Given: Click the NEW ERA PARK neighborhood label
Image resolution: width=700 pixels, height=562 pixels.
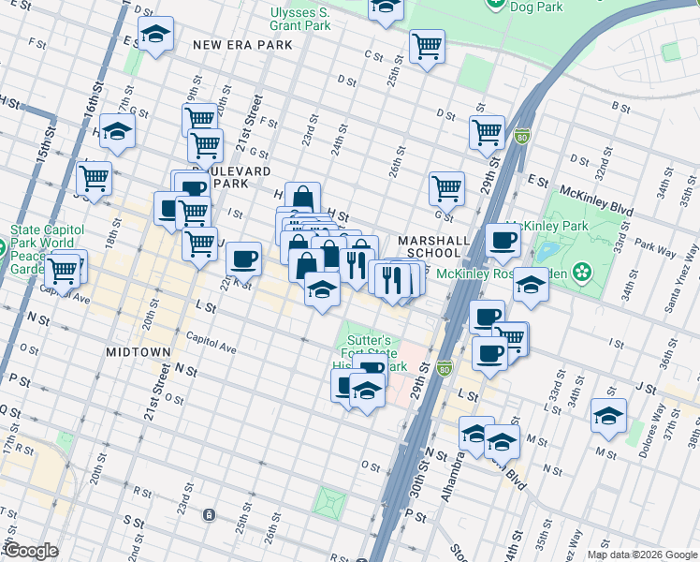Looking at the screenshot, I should point(236,44).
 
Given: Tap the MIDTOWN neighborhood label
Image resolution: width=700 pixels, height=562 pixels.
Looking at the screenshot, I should point(138,352).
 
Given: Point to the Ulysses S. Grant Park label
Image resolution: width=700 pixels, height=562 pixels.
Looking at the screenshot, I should point(299,19).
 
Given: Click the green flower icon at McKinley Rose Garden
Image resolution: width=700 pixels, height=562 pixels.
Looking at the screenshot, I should point(583,272).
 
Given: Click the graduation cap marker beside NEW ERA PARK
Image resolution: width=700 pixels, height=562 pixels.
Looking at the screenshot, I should point(154,36).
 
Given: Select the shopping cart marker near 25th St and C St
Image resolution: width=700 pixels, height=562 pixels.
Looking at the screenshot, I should point(427,45).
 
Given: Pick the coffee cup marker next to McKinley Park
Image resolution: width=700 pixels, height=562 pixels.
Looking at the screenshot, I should point(503,240).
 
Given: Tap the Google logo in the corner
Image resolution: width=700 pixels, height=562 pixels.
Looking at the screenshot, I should point(30,551).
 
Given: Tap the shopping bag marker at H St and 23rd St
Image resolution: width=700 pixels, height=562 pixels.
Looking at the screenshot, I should point(302,198).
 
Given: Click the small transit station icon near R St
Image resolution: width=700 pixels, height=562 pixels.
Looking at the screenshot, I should point(209,514).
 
